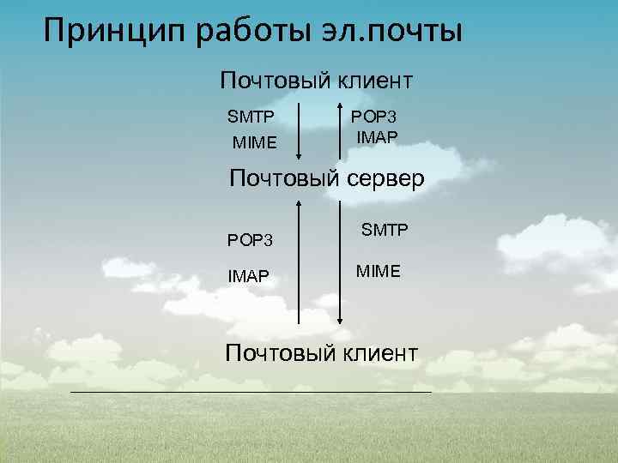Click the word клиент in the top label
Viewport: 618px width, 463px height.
369,81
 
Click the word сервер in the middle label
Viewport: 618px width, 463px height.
381,180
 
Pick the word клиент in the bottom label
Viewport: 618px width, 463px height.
375,352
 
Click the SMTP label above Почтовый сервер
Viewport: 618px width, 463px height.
250,116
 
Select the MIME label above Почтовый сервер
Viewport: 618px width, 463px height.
255,141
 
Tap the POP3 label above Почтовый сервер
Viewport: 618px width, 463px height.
375,116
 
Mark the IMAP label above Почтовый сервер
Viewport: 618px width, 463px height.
377,136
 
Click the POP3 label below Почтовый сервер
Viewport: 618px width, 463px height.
250,239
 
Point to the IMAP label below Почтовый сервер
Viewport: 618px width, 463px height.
249,276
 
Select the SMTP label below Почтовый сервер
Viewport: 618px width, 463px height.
385,230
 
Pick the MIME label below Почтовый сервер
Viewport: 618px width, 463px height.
379,271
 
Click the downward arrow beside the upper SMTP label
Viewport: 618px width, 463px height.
299,133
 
